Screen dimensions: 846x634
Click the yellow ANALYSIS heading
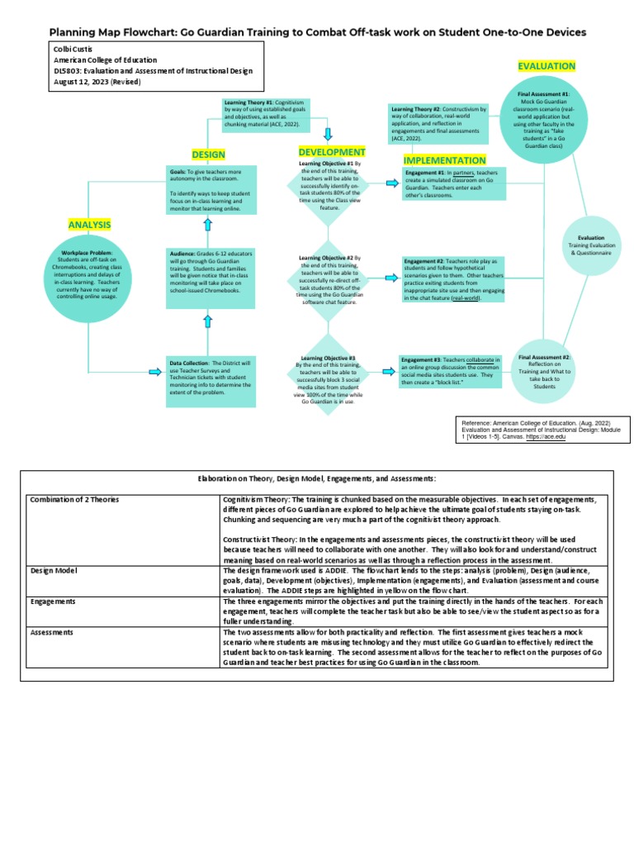(x=89, y=225)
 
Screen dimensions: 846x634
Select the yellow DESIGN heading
(x=208, y=154)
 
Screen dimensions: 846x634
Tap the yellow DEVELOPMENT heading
(x=331, y=152)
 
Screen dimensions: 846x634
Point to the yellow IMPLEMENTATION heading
(x=444, y=159)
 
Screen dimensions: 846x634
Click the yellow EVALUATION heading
(x=546, y=66)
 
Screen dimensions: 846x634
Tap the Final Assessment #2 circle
(x=544, y=370)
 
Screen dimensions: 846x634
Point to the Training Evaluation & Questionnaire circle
(x=590, y=245)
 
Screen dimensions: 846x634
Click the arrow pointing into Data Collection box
(x=154, y=372)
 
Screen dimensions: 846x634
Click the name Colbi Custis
(x=73, y=50)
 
